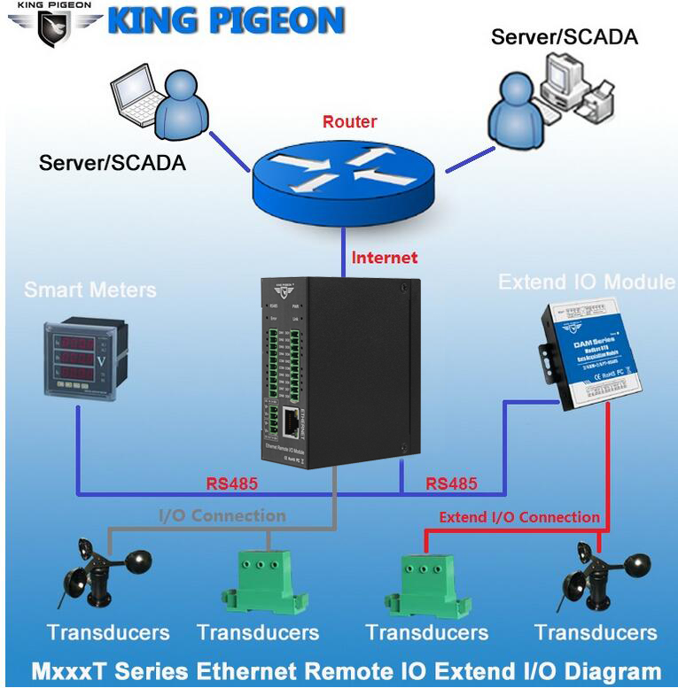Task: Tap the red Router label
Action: point(349,122)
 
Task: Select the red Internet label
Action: point(384,258)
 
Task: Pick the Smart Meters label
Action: point(90,290)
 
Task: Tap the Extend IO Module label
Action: point(586,282)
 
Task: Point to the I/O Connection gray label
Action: point(222,515)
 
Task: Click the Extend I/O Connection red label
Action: point(519,517)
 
